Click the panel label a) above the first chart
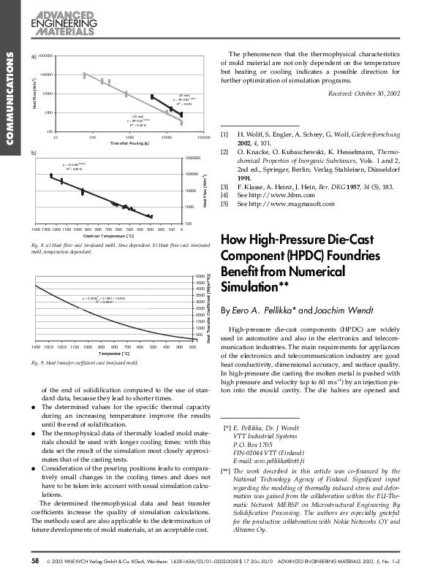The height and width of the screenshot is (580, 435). [x=33, y=56]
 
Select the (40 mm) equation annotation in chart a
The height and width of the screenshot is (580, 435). [x=184, y=100]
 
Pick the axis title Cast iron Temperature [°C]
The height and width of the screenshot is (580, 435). [x=107, y=236]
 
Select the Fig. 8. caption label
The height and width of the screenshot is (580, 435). [x=41, y=244]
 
